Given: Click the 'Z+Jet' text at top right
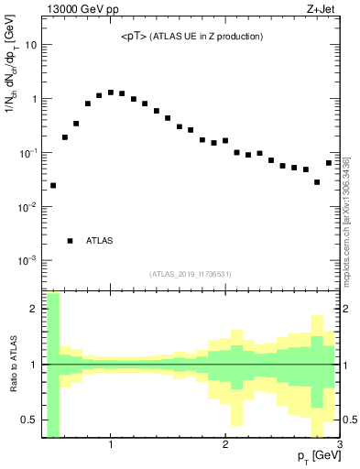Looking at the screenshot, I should coord(323,10).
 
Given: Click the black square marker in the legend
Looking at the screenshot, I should coord(70,241).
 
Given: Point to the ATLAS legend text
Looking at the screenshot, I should coord(100,241).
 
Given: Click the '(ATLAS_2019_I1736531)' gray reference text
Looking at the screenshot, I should coord(191,274).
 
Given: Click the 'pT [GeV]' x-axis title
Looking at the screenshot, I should coord(314,455).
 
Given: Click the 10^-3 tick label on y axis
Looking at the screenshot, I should coord(27,261).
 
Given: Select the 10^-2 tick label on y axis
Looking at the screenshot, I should coord(27,207).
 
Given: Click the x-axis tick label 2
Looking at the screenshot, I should coord(225,444).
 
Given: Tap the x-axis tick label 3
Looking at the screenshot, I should coord(339,444).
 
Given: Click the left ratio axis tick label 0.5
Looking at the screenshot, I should coord(27,420).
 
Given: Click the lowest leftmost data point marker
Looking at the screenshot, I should coord(53,185).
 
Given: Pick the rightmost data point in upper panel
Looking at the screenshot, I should coord(329,163).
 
